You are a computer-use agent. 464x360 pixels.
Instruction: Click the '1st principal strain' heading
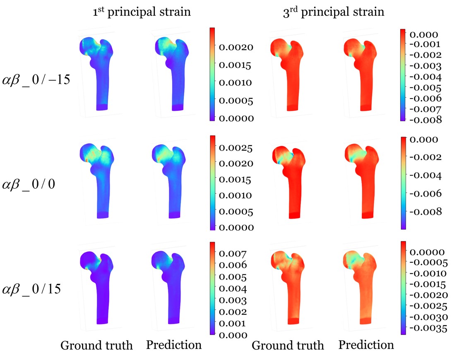pyautogui.click(x=142, y=12)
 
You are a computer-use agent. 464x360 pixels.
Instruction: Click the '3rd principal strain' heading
pyautogui.click(x=331, y=12)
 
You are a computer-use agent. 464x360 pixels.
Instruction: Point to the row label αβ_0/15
pyautogui.click(x=32, y=288)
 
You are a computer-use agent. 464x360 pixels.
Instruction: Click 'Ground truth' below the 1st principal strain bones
pyautogui.click(x=97, y=346)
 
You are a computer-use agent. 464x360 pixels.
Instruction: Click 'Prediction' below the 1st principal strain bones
pyautogui.click(x=174, y=345)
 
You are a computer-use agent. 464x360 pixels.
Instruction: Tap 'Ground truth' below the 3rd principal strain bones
pyautogui.click(x=288, y=346)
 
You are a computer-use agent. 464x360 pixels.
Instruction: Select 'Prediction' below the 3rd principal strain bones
pyautogui.click(x=366, y=345)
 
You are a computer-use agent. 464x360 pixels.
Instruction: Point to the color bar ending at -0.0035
pyautogui.click(x=403, y=287)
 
